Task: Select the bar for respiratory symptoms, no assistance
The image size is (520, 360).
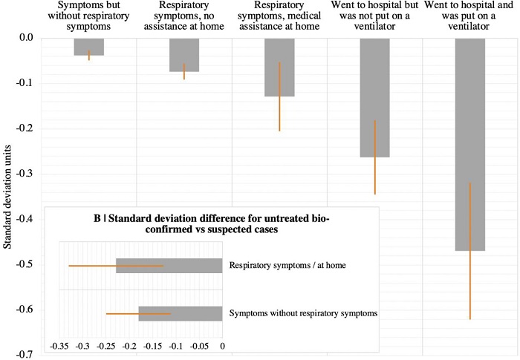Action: tap(183, 55)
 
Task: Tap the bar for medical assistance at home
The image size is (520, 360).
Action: tap(279, 68)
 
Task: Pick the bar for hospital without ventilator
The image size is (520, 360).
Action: tap(374, 97)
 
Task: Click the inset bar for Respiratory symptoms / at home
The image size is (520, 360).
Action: tap(169, 266)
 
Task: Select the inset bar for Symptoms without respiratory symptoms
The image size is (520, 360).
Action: tap(181, 313)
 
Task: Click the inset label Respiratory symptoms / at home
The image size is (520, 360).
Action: tap(284, 266)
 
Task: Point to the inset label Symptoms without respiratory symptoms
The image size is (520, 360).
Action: tap(304, 313)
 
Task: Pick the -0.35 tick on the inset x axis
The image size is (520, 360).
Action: tap(59, 346)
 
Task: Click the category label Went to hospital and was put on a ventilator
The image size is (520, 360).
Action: tap(469, 19)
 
